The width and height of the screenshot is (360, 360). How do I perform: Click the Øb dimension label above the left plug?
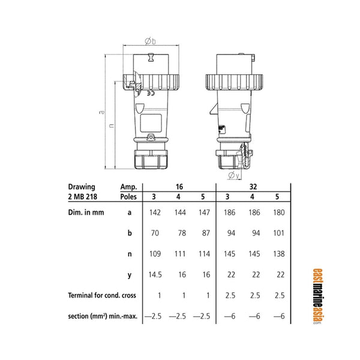tap(150, 41)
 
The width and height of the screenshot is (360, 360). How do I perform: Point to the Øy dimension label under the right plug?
tap(234, 176)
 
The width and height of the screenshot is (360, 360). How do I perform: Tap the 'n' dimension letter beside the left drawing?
tap(110, 127)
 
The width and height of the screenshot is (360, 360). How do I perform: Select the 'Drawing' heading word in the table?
tap(81, 187)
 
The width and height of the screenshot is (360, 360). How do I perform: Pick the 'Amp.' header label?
tap(128, 187)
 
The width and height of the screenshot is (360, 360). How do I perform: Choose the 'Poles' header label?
tap(128, 196)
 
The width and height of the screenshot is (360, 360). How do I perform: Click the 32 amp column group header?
tap(253, 187)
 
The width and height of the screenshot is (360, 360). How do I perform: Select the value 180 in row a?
tap(278, 212)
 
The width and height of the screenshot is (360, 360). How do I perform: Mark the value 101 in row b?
tap(278, 233)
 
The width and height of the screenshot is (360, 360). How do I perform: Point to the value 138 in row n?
tap(278, 254)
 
